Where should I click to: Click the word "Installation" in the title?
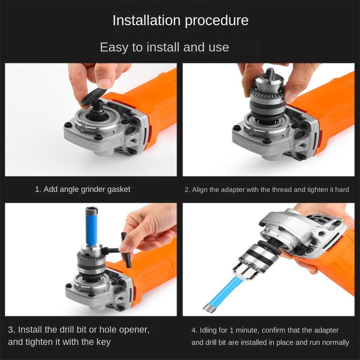tap(147, 20)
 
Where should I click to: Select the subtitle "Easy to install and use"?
tap(165, 47)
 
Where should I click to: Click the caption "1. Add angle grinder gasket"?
tap(83, 189)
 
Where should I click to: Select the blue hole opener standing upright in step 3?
tap(91, 226)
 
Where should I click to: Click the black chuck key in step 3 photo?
tap(122, 250)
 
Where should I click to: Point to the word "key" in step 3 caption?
tap(104, 342)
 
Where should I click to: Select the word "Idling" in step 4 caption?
tap(208, 330)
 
